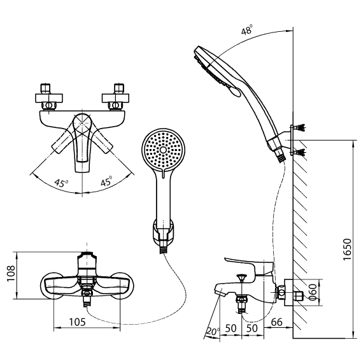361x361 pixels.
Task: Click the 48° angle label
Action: point(246,29)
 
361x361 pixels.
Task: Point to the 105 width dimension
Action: point(77,322)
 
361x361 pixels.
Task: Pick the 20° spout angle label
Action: point(213,332)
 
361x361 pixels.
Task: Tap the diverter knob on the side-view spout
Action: point(241,277)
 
